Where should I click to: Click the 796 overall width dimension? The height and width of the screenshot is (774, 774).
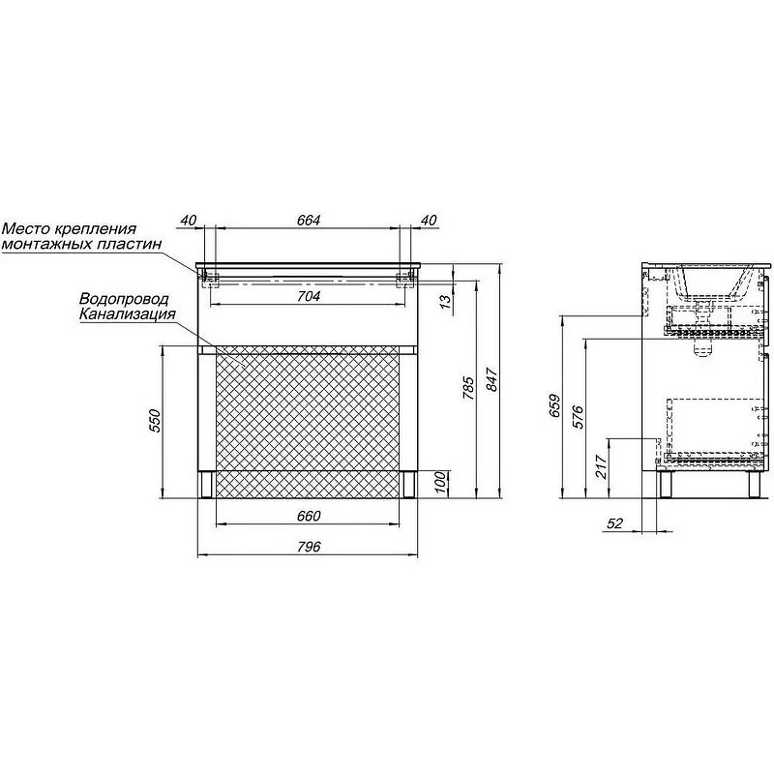coord(309,547)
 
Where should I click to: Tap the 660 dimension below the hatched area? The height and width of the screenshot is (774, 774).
coord(309,516)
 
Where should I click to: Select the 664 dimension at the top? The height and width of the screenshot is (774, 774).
coord(309,221)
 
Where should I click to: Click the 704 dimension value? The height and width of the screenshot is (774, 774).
coord(309,296)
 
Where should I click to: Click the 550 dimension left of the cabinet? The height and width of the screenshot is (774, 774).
coord(156,421)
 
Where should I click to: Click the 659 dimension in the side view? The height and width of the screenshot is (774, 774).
coord(554,405)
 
